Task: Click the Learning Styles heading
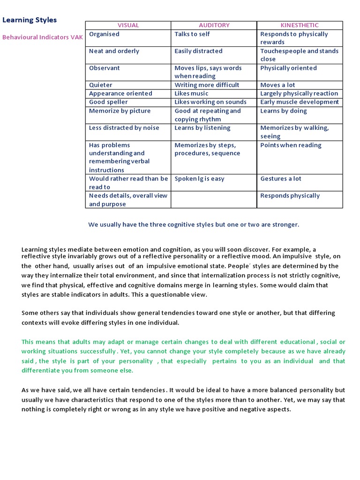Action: [x=30, y=20]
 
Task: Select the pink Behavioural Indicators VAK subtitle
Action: [x=43, y=37]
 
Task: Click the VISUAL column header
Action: [x=128, y=25]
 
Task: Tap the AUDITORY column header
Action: [x=214, y=25]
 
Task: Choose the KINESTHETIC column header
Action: [x=299, y=25]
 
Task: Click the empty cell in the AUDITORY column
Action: [x=214, y=200]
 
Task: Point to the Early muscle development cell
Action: [x=299, y=102]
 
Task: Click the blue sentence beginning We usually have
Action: [x=193, y=225]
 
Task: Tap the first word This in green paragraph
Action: [x=28, y=342]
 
